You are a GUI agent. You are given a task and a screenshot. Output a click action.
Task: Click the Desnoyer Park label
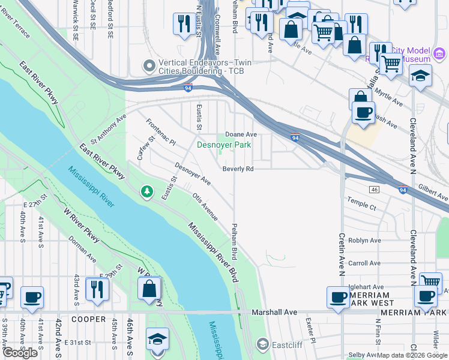pyautogui.click(x=224, y=145)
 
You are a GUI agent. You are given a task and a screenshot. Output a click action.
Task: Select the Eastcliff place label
pyautogui.click(x=285, y=344)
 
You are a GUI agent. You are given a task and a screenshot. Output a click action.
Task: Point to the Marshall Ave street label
pyautogui.click(x=274, y=312)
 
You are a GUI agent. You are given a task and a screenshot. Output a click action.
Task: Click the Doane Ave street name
pyautogui.click(x=241, y=134)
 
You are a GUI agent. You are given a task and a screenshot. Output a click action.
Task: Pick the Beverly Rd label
pyautogui.click(x=238, y=169)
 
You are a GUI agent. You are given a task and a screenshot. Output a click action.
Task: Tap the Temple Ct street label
pyautogui.click(x=361, y=207)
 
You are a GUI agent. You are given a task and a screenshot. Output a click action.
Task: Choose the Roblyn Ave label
pyautogui.click(x=364, y=241)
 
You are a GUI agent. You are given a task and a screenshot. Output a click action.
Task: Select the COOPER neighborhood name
pyautogui.click(x=89, y=319)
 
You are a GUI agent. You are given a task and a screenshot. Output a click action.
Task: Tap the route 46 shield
pyautogui.click(x=374, y=190)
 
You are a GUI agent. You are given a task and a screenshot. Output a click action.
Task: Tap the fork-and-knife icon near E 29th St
pyautogui.click(x=96, y=289)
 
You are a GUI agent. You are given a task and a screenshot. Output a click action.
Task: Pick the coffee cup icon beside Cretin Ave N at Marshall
pyautogui.click(x=338, y=297)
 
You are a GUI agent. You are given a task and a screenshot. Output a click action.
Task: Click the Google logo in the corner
pyautogui.click(x=20, y=353)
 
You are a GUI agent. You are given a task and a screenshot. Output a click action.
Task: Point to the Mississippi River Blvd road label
pyautogui.click(x=212, y=248)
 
